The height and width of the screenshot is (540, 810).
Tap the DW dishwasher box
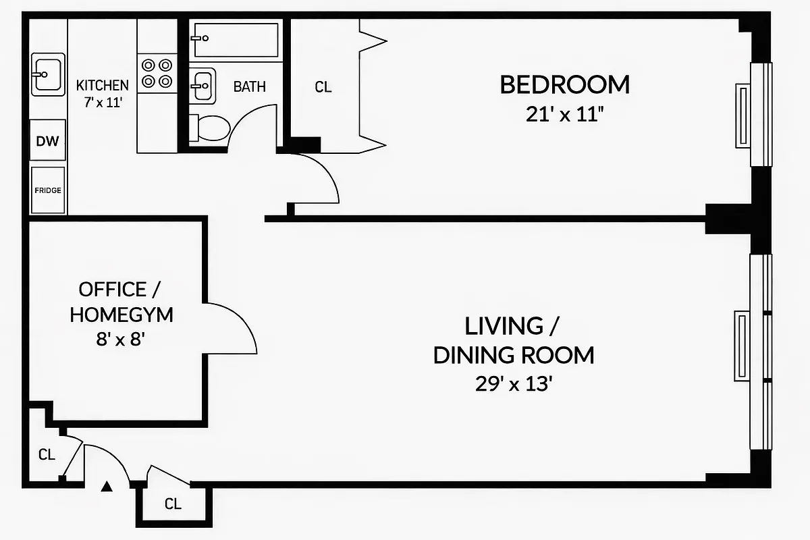pyautogui.click(x=47, y=142)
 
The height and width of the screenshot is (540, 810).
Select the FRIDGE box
pyautogui.click(x=47, y=190)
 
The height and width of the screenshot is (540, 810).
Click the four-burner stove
pyautogui.click(x=156, y=74)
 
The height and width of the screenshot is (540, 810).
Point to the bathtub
pyautogui.click(x=235, y=39)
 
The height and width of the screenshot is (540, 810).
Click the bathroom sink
pyautogui.click(x=202, y=86)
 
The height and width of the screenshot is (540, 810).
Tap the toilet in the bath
pyautogui.click(x=210, y=128)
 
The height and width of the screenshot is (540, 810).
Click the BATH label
pyautogui.click(x=249, y=87)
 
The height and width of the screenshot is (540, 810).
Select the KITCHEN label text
pyautogui.click(x=102, y=86)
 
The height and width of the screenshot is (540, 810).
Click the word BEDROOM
pyautogui.click(x=564, y=85)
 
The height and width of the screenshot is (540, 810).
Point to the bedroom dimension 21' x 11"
pyautogui.click(x=564, y=115)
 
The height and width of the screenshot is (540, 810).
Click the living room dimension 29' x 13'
pyautogui.click(x=514, y=385)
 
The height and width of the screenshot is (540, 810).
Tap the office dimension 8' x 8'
pyautogui.click(x=122, y=340)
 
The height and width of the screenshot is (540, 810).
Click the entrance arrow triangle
pyautogui.click(x=107, y=486)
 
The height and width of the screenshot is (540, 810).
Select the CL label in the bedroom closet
pyautogui.click(x=323, y=87)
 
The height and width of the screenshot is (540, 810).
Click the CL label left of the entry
pyautogui.click(x=46, y=455)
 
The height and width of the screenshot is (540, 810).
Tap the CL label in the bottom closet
pyautogui.click(x=173, y=504)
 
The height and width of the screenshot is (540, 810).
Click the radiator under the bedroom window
pyautogui.click(x=741, y=115)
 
